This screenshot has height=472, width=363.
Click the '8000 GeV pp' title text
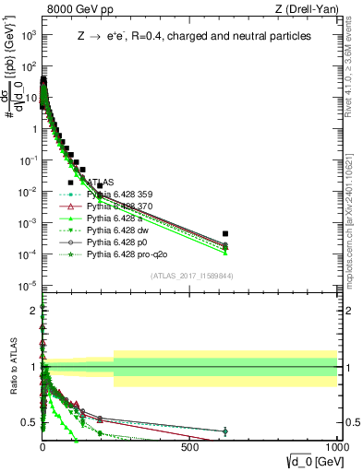point(71,9)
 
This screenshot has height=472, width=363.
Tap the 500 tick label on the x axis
point(189,444)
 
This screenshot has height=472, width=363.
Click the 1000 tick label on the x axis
point(335,444)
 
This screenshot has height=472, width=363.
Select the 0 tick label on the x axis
point(42,444)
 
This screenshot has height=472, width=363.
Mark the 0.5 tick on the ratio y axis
point(30,423)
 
